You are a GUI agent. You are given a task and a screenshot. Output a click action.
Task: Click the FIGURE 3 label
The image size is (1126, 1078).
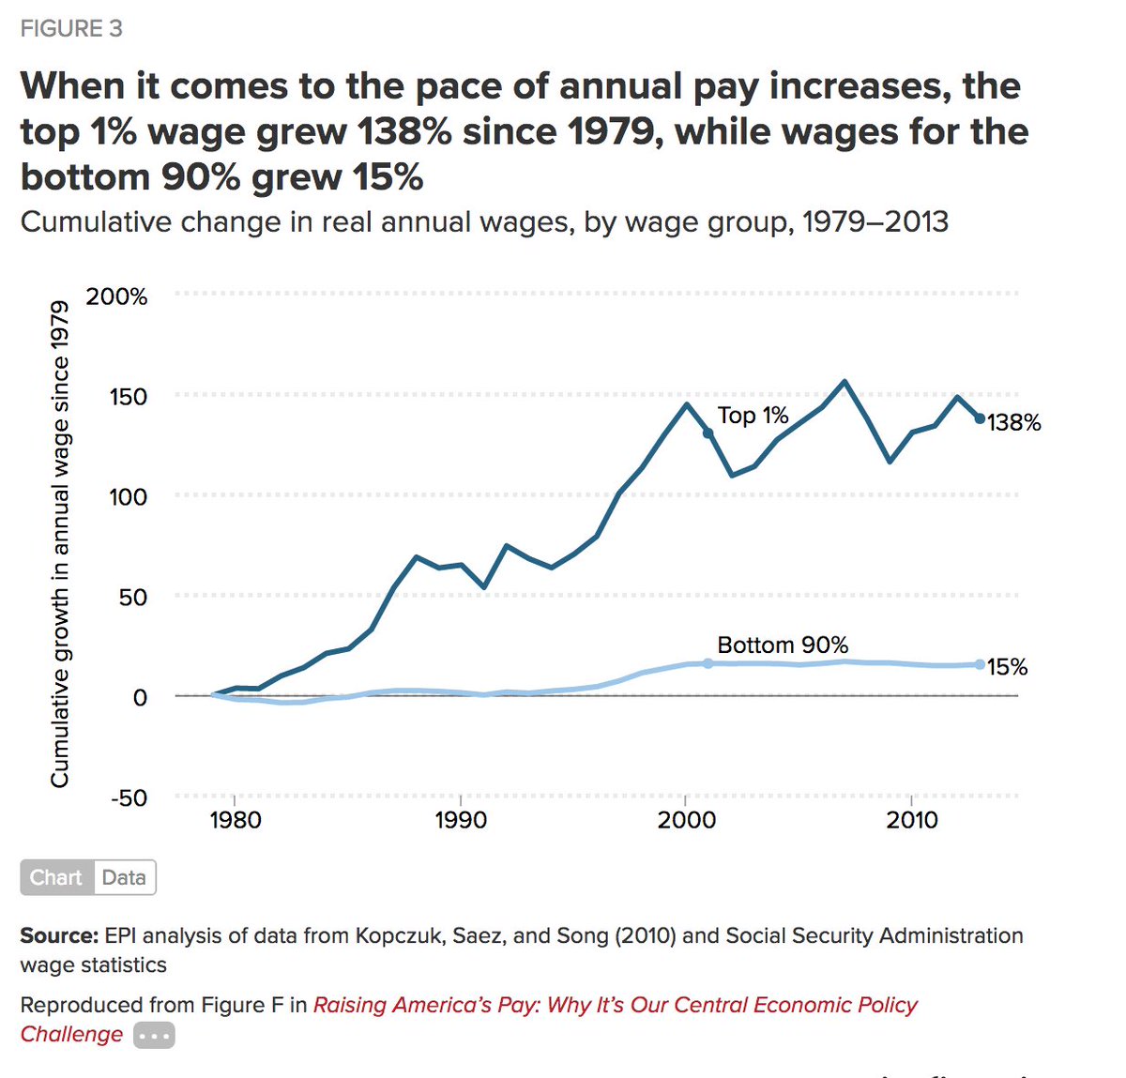(x=71, y=28)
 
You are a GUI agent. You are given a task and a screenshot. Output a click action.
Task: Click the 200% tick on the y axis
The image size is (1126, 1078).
(x=116, y=296)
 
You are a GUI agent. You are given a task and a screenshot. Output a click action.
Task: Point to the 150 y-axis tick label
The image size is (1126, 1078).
(x=128, y=397)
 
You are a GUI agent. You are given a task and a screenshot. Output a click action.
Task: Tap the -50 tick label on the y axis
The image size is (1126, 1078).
(x=129, y=797)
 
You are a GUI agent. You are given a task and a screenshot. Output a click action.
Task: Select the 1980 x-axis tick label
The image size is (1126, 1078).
(x=236, y=820)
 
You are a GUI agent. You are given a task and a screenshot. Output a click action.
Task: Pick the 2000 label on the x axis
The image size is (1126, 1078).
(x=687, y=820)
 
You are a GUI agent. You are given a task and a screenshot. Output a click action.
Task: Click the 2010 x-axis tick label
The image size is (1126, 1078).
(x=912, y=820)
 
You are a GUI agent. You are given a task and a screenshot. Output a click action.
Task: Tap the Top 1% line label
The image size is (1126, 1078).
(x=753, y=415)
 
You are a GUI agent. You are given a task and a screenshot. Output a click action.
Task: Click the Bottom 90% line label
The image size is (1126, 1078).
(x=783, y=645)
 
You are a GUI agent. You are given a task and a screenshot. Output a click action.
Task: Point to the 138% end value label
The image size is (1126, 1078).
(x=1014, y=422)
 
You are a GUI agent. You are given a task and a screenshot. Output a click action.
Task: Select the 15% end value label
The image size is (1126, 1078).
(x=1008, y=667)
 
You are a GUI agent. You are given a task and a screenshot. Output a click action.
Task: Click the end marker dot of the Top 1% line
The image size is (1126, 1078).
(x=980, y=418)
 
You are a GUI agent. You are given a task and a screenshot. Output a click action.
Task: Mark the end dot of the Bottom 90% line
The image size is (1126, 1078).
(x=980, y=664)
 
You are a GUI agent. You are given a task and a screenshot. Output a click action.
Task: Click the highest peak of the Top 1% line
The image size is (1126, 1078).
(x=844, y=382)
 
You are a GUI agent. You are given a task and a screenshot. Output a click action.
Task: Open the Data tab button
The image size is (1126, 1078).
(x=124, y=877)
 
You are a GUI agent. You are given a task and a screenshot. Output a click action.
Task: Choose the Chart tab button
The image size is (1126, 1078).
(x=56, y=877)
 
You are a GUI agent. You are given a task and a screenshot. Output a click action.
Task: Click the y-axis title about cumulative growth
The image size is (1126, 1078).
(x=60, y=544)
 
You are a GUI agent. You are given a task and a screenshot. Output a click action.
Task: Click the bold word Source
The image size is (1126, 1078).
(x=59, y=935)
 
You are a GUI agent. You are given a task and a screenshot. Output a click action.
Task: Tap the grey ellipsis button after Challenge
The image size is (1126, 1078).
(x=154, y=1036)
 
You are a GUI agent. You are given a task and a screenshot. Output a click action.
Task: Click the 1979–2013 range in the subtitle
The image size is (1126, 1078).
(x=875, y=222)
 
